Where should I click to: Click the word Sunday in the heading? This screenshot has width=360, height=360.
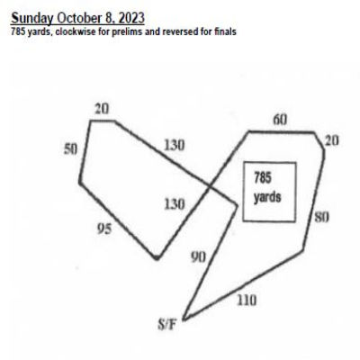click(x=32, y=18)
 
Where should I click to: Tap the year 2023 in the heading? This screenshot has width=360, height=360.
click(x=131, y=18)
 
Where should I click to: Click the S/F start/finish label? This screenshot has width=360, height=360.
click(x=166, y=325)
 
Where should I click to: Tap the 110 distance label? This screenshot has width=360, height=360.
click(x=247, y=300)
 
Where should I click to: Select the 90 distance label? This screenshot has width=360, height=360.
click(x=198, y=257)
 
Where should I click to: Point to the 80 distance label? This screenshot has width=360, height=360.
click(x=321, y=217)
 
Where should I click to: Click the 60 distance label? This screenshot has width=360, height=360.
click(x=280, y=120)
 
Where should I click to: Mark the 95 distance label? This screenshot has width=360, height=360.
click(x=104, y=229)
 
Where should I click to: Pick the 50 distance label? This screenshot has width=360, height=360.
click(x=71, y=149)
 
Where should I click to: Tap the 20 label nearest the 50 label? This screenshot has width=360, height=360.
click(x=102, y=109)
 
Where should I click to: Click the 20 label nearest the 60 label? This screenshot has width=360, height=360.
click(x=332, y=140)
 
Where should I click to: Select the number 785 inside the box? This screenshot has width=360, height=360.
click(x=263, y=177)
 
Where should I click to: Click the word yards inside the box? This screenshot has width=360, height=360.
click(x=267, y=197)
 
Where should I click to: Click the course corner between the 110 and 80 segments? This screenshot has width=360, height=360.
click(x=302, y=250)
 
